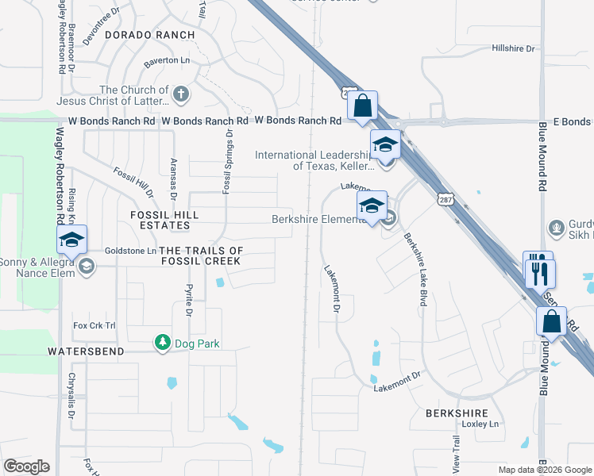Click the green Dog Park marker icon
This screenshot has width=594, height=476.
[163, 343]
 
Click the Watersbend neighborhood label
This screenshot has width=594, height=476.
[86, 351]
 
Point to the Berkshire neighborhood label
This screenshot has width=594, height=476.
[455, 413]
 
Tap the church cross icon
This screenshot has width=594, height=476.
[180, 95]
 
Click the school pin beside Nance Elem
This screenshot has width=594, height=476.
[71, 240]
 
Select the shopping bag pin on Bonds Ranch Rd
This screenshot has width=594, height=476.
[362, 106]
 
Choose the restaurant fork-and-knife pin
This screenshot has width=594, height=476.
[540, 271]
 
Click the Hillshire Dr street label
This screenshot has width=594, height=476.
[515, 48]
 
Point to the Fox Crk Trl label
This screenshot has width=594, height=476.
[94, 325]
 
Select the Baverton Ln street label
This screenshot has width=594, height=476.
[167, 61]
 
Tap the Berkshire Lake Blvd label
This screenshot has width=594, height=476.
[413, 267]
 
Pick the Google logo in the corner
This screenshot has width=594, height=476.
[26, 466]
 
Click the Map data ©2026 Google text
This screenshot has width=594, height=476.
[544, 470]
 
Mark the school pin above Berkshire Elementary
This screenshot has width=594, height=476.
[371, 205]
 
